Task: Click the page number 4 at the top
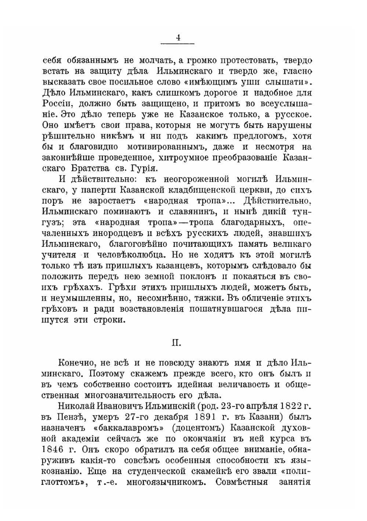(178, 37)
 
